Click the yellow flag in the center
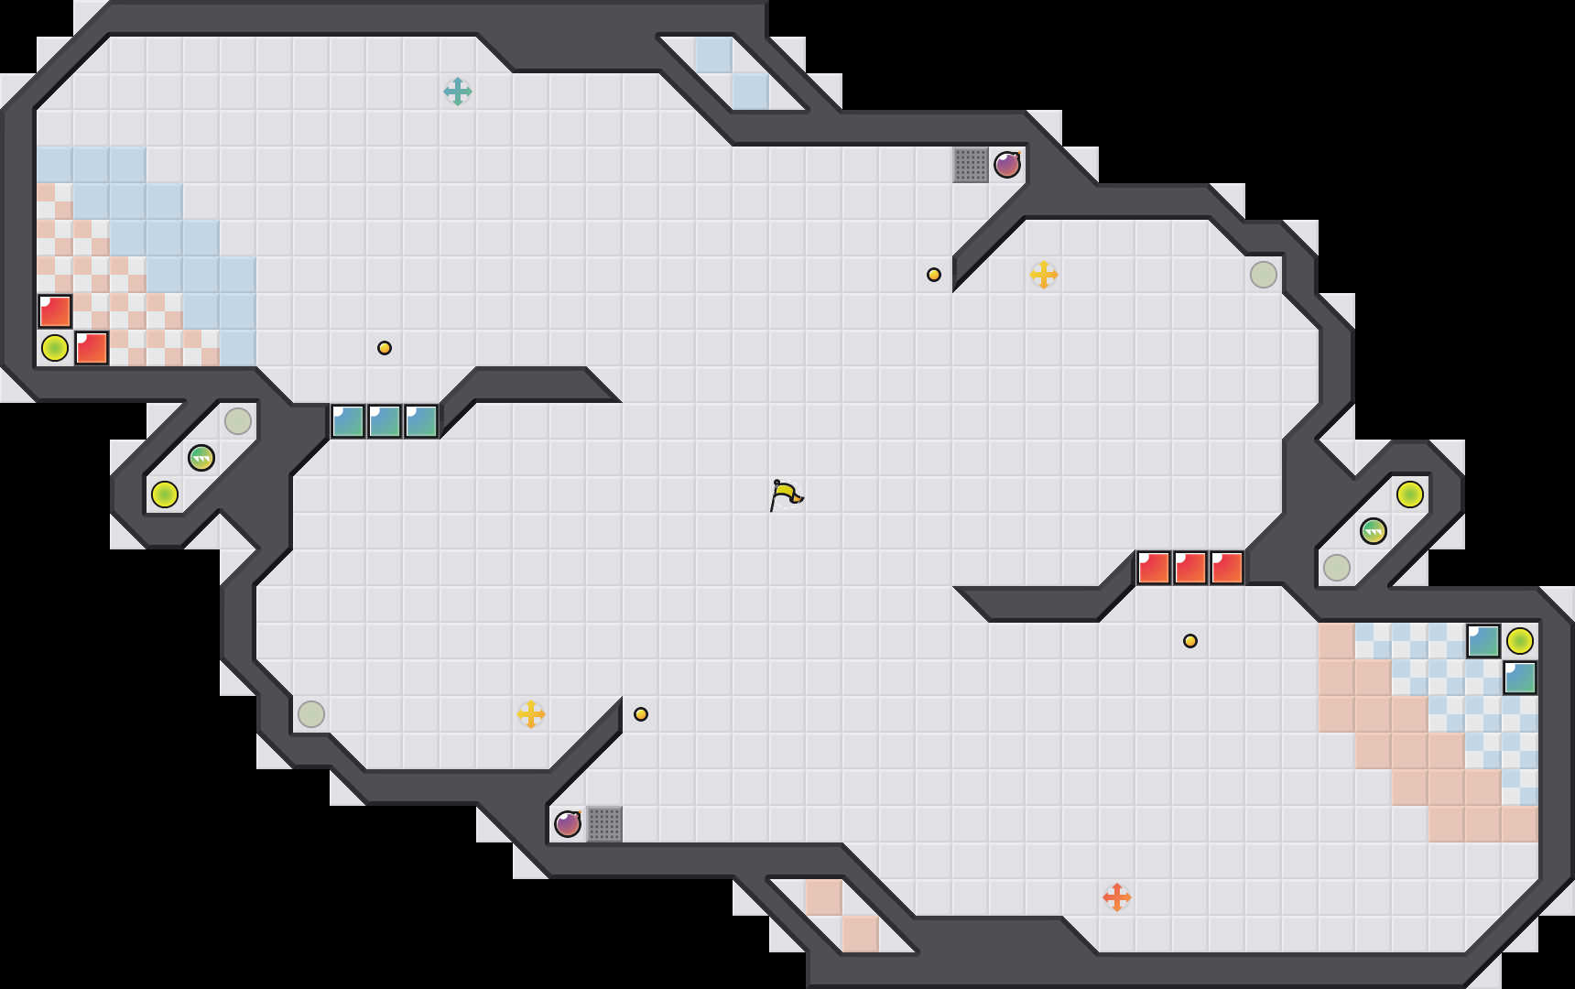(x=786, y=494)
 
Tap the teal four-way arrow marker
(x=458, y=92)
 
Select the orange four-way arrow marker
(x=1117, y=897)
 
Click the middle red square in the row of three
(x=1190, y=568)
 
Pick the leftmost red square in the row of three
(x=1154, y=568)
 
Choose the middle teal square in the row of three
(x=385, y=421)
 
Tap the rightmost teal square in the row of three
(x=421, y=421)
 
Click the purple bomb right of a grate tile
(x=1007, y=165)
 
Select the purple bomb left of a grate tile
(x=568, y=824)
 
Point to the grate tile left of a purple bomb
(x=971, y=165)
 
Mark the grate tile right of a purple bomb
(x=604, y=824)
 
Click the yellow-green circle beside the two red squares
(x=55, y=348)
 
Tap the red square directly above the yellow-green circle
(x=55, y=311)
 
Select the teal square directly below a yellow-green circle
(x=1520, y=678)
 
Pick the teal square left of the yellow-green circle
(x=1483, y=641)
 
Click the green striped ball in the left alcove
(x=201, y=458)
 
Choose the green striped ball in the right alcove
(x=1374, y=531)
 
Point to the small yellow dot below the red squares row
(x=1190, y=641)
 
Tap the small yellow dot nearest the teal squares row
(x=385, y=348)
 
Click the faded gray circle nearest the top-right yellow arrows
(x=1264, y=275)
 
